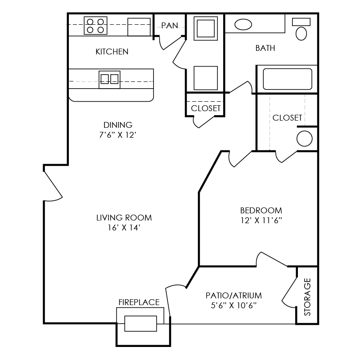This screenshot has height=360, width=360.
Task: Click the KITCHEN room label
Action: [112, 52]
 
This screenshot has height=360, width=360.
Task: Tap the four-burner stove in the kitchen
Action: [96, 26]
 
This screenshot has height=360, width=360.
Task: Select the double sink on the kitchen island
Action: [109, 79]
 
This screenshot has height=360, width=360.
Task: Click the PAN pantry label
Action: [170, 26]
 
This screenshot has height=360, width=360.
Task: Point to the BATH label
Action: [265, 48]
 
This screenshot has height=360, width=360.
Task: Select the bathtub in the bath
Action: [288, 79]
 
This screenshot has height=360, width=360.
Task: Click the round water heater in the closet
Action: [305, 139]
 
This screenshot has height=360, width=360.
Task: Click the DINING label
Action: [118, 125]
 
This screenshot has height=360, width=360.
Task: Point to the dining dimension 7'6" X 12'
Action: [118, 135]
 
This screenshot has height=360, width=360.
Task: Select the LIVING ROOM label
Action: [124, 218]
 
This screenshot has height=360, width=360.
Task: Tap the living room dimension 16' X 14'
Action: [124, 228]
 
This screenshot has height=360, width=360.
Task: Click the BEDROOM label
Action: [261, 210]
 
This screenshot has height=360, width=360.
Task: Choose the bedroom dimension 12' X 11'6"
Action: [261, 220]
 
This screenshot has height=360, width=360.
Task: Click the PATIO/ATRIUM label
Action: [234, 296]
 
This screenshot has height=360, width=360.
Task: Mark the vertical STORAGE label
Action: [307, 297]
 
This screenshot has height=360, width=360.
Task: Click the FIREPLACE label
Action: [139, 302]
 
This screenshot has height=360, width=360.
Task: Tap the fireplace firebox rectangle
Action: [140, 324]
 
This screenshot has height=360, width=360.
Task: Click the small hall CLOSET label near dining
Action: [206, 108]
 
